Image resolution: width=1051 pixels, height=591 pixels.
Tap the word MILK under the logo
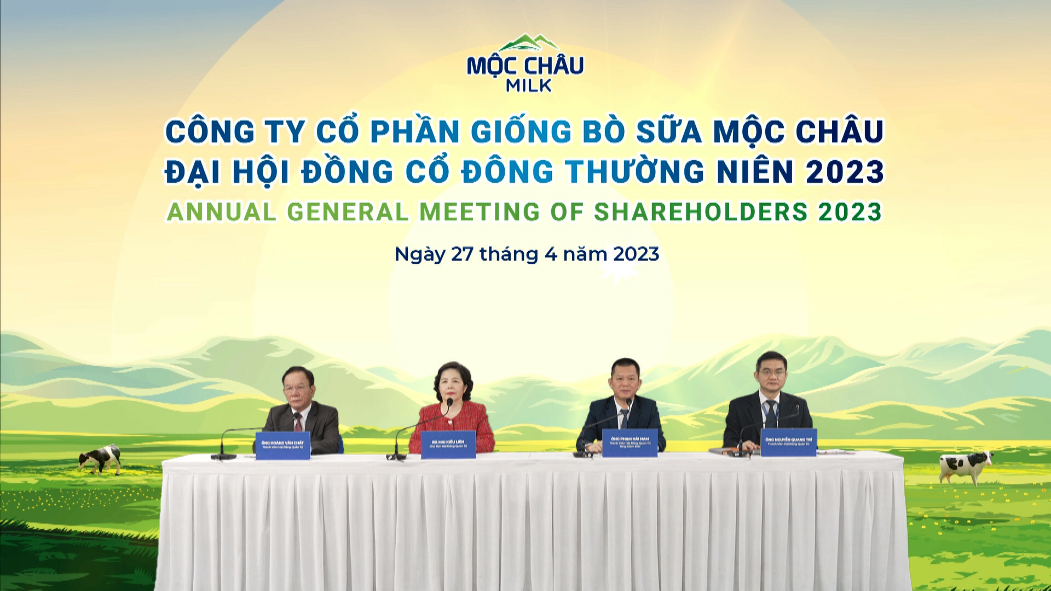(529, 86)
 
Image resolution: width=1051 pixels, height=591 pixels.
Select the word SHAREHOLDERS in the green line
(701, 212)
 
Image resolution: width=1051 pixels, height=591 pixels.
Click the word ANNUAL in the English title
(222, 212)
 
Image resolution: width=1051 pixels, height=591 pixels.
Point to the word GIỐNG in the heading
(521, 132)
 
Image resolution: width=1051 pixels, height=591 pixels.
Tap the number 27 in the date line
(462, 254)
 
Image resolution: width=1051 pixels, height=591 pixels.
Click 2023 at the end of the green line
(850, 212)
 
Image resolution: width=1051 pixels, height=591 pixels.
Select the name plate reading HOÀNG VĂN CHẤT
(282, 445)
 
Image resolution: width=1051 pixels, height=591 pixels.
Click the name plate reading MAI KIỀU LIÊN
(448, 444)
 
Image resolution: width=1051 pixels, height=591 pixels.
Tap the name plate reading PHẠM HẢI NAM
(630, 443)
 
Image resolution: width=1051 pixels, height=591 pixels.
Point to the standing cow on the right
(966, 466)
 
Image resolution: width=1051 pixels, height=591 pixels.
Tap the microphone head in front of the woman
(449, 403)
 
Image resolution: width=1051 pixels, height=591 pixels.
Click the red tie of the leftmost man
(297, 422)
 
